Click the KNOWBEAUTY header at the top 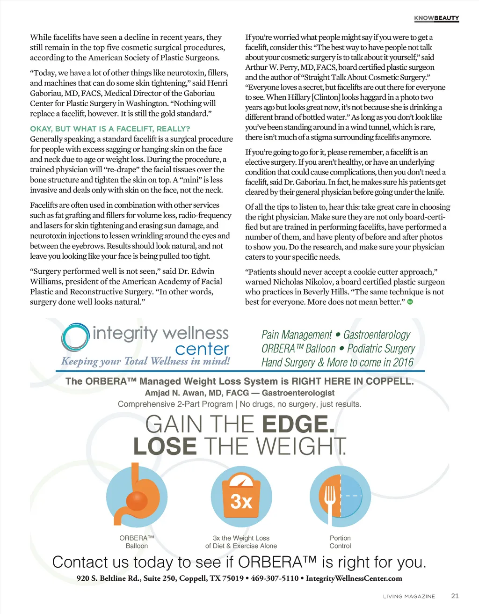[x=436, y=18]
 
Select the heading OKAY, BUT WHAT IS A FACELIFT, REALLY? [x=110, y=129]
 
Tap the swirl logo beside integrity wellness [x=75, y=336]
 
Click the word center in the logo [x=202, y=349]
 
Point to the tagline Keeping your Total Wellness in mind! [x=145, y=361]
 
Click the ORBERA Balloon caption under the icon [x=137, y=542]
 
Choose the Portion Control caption [x=340, y=542]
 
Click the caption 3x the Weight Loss [x=241, y=538]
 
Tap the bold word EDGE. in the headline [x=298, y=424]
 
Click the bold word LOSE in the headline [x=165, y=446]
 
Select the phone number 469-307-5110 [x=275, y=578]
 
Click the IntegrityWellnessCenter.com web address [x=354, y=578]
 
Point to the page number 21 [x=455, y=596]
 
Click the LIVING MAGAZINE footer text [x=409, y=596]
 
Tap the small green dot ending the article [x=410, y=302]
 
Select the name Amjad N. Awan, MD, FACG [x=197, y=393]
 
